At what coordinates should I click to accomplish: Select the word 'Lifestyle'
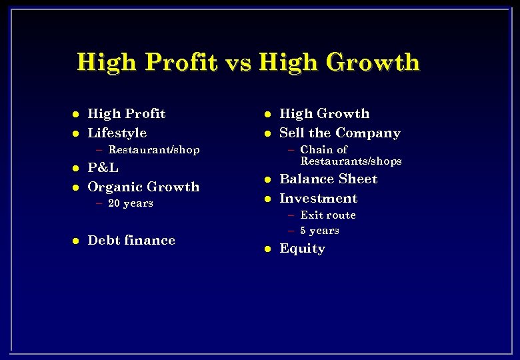point(117,133)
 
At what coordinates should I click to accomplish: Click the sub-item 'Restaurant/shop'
point(153,150)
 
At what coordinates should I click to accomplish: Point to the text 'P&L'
point(103,168)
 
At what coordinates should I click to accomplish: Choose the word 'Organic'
point(115,187)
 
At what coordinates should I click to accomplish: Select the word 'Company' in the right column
point(368,133)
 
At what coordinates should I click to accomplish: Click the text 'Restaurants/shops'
point(351,161)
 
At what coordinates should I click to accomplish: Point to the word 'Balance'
point(308,179)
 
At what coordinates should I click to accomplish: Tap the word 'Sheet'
point(359,179)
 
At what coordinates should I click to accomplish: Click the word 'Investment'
point(318,199)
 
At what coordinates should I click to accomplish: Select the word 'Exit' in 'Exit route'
point(311,215)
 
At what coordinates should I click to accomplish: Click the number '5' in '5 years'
point(303,231)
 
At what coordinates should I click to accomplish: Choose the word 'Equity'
point(302,249)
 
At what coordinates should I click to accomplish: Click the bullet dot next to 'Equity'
point(267,249)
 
